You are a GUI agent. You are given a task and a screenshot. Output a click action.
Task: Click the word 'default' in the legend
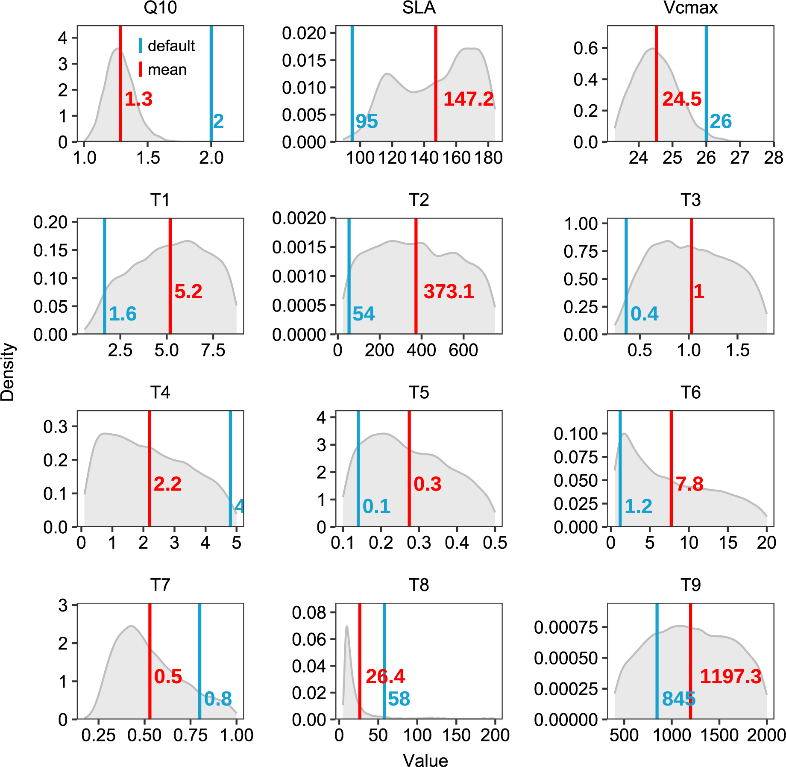(x=171, y=46)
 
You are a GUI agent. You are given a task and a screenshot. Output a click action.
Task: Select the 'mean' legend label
(x=167, y=69)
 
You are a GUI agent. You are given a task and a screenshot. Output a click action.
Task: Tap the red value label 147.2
(x=469, y=99)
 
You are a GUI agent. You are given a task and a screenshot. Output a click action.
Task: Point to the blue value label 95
(x=367, y=121)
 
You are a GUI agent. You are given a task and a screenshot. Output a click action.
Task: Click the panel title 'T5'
(x=419, y=392)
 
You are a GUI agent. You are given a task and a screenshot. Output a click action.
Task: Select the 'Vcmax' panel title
(x=690, y=8)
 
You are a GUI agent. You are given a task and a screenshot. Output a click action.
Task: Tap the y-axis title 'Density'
(x=8, y=372)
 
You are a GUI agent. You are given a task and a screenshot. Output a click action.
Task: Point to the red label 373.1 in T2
(x=449, y=291)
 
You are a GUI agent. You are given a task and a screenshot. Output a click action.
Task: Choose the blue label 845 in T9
(x=678, y=699)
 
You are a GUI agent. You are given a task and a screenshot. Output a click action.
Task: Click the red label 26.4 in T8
(x=385, y=676)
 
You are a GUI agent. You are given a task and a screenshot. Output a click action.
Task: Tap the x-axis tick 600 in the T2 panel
(x=463, y=350)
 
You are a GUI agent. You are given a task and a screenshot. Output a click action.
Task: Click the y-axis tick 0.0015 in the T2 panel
(x=299, y=247)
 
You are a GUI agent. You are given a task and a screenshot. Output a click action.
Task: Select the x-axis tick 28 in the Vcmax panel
(x=773, y=158)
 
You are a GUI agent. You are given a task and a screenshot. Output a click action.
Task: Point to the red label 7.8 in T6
(x=689, y=484)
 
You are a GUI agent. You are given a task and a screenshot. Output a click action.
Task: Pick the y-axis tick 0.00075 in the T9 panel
(x=566, y=627)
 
